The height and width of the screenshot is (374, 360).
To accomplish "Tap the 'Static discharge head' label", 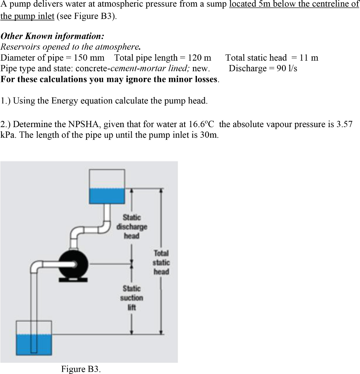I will tap(132, 226).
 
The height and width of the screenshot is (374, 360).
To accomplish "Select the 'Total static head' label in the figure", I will tap(161, 262).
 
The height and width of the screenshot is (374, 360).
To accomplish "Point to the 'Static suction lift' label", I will tap(132, 298).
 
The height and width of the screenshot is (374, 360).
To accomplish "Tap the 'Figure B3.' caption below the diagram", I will tap(81, 369).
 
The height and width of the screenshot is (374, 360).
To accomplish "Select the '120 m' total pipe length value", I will tap(199, 58).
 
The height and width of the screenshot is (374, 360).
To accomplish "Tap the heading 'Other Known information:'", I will tap(52, 37).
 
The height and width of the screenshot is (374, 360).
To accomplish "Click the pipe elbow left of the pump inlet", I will tap(35, 265).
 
